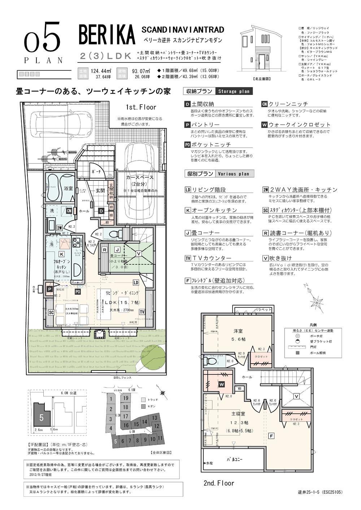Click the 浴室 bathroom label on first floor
click(x=68, y=188)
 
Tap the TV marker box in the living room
click(x=142, y=312)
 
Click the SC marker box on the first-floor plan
click(x=51, y=312)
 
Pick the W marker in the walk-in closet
click(x=222, y=384)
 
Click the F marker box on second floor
click(x=271, y=436)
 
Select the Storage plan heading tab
click(x=234, y=92)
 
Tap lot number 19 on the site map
click(x=126, y=398)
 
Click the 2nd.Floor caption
click(x=219, y=483)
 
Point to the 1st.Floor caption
click(x=141, y=107)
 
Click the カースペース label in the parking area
click(x=140, y=177)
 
